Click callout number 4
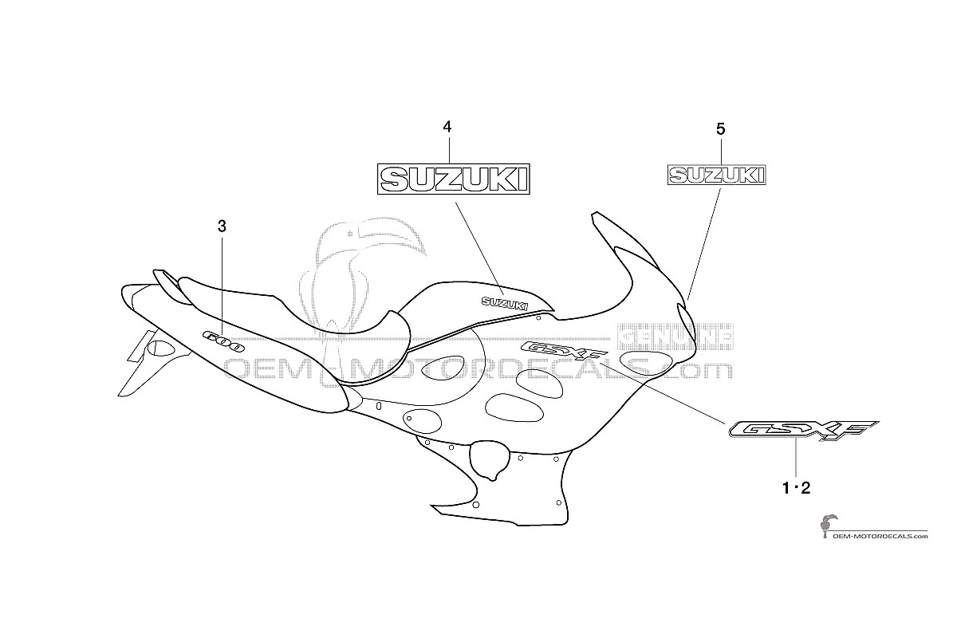[447, 127]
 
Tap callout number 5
[721, 129]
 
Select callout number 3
[222, 226]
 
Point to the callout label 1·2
[796, 487]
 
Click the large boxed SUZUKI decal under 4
[453, 179]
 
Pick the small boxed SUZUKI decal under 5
[717, 175]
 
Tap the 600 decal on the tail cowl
[223, 341]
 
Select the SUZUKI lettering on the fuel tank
[505, 303]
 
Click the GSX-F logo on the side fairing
[564, 351]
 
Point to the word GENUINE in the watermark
[675, 337]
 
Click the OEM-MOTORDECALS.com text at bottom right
[880, 536]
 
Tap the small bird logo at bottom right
[826, 527]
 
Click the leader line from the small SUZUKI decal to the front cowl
[704, 244]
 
